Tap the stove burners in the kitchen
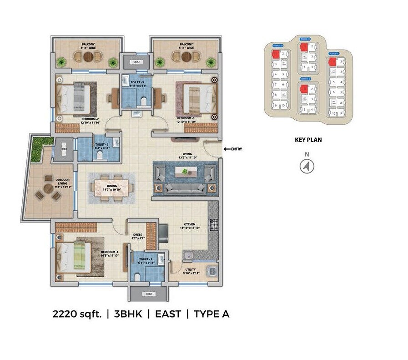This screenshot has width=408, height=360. click(213, 225)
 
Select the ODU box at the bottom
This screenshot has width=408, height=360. click(145, 294)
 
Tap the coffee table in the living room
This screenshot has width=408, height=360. click(185, 172)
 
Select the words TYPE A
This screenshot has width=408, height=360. click(211, 314)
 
